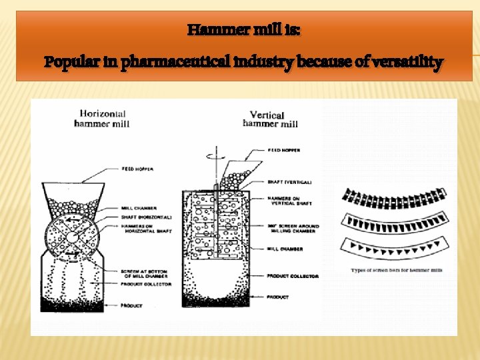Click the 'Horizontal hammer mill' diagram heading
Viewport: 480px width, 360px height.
point(103,118)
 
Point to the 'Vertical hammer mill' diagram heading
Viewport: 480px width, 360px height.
point(270,119)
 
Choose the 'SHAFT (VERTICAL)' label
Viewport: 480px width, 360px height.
point(289,181)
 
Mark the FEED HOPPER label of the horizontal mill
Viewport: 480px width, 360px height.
point(137,169)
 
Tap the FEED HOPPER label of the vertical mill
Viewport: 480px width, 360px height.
point(284,151)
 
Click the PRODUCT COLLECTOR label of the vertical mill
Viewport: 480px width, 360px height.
point(292,275)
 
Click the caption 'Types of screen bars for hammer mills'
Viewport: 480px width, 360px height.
point(397,270)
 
